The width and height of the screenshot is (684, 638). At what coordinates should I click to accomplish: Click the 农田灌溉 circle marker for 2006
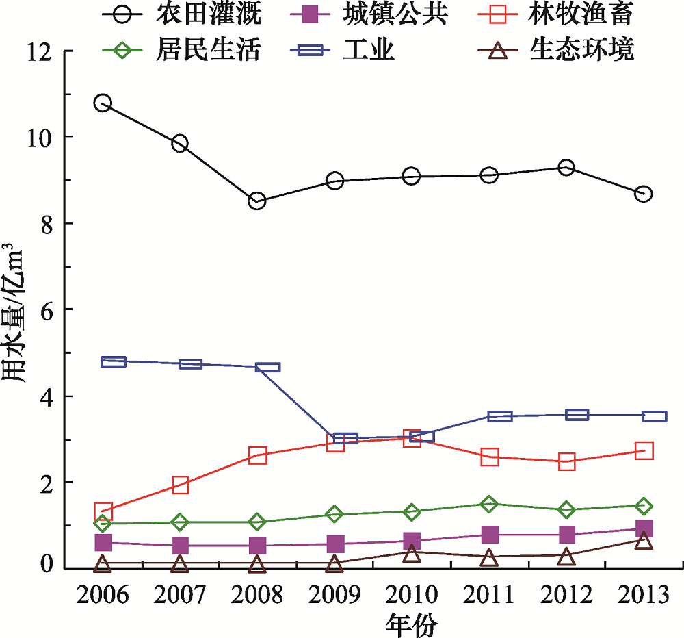click(103, 103)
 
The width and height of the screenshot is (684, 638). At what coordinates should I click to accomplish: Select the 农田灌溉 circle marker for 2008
click(257, 201)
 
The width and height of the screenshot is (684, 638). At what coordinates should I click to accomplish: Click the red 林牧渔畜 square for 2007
click(180, 485)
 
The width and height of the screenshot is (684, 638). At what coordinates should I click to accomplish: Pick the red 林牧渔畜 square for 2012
click(566, 461)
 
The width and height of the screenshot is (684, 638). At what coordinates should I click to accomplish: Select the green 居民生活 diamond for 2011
click(489, 504)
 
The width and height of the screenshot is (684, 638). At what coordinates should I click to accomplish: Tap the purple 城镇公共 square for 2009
click(334, 544)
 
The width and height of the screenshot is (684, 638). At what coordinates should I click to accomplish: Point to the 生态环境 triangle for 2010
click(412, 553)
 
